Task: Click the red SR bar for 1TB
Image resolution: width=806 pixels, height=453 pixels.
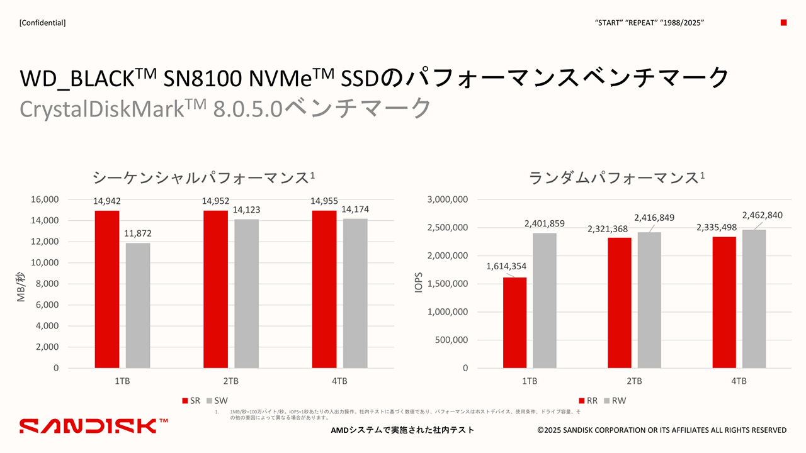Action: point(107,289)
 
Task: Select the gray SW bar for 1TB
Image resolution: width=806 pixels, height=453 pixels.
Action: point(138,305)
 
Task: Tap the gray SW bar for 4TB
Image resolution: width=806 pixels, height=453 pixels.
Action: point(355,293)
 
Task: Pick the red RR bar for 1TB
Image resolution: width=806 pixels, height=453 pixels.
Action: point(514,322)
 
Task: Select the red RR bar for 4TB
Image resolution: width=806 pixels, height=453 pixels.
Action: point(724,302)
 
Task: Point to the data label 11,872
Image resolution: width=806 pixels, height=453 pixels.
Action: point(137,233)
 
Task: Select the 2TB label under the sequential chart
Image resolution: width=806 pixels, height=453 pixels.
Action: point(231,381)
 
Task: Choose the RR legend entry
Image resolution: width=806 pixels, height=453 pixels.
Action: point(589,401)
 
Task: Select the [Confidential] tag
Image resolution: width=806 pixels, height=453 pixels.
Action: point(43,23)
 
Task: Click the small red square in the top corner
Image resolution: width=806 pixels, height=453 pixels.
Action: point(783,23)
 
